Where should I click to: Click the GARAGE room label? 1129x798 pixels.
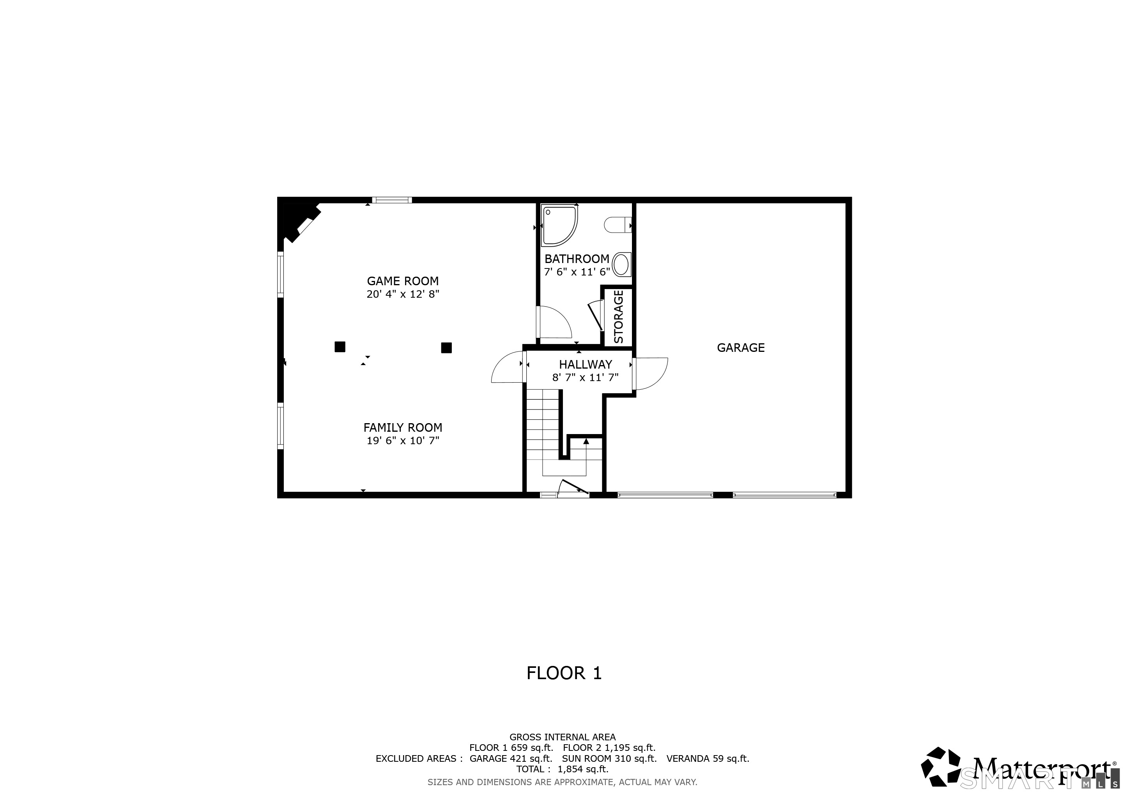coord(741,348)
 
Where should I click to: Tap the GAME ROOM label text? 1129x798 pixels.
coord(403,281)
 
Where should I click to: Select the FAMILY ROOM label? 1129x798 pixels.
coord(403,427)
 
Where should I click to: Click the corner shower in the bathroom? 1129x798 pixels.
coord(559,226)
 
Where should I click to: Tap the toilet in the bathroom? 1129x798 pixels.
coord(617,225)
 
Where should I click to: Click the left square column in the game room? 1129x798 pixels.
coord(340,347)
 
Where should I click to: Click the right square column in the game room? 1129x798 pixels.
coord(446,348)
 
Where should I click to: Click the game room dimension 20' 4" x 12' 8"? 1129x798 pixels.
coord(403,294)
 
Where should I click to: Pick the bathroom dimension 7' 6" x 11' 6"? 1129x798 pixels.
coord(577,272)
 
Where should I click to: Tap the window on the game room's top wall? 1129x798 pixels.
coord(392,200)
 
